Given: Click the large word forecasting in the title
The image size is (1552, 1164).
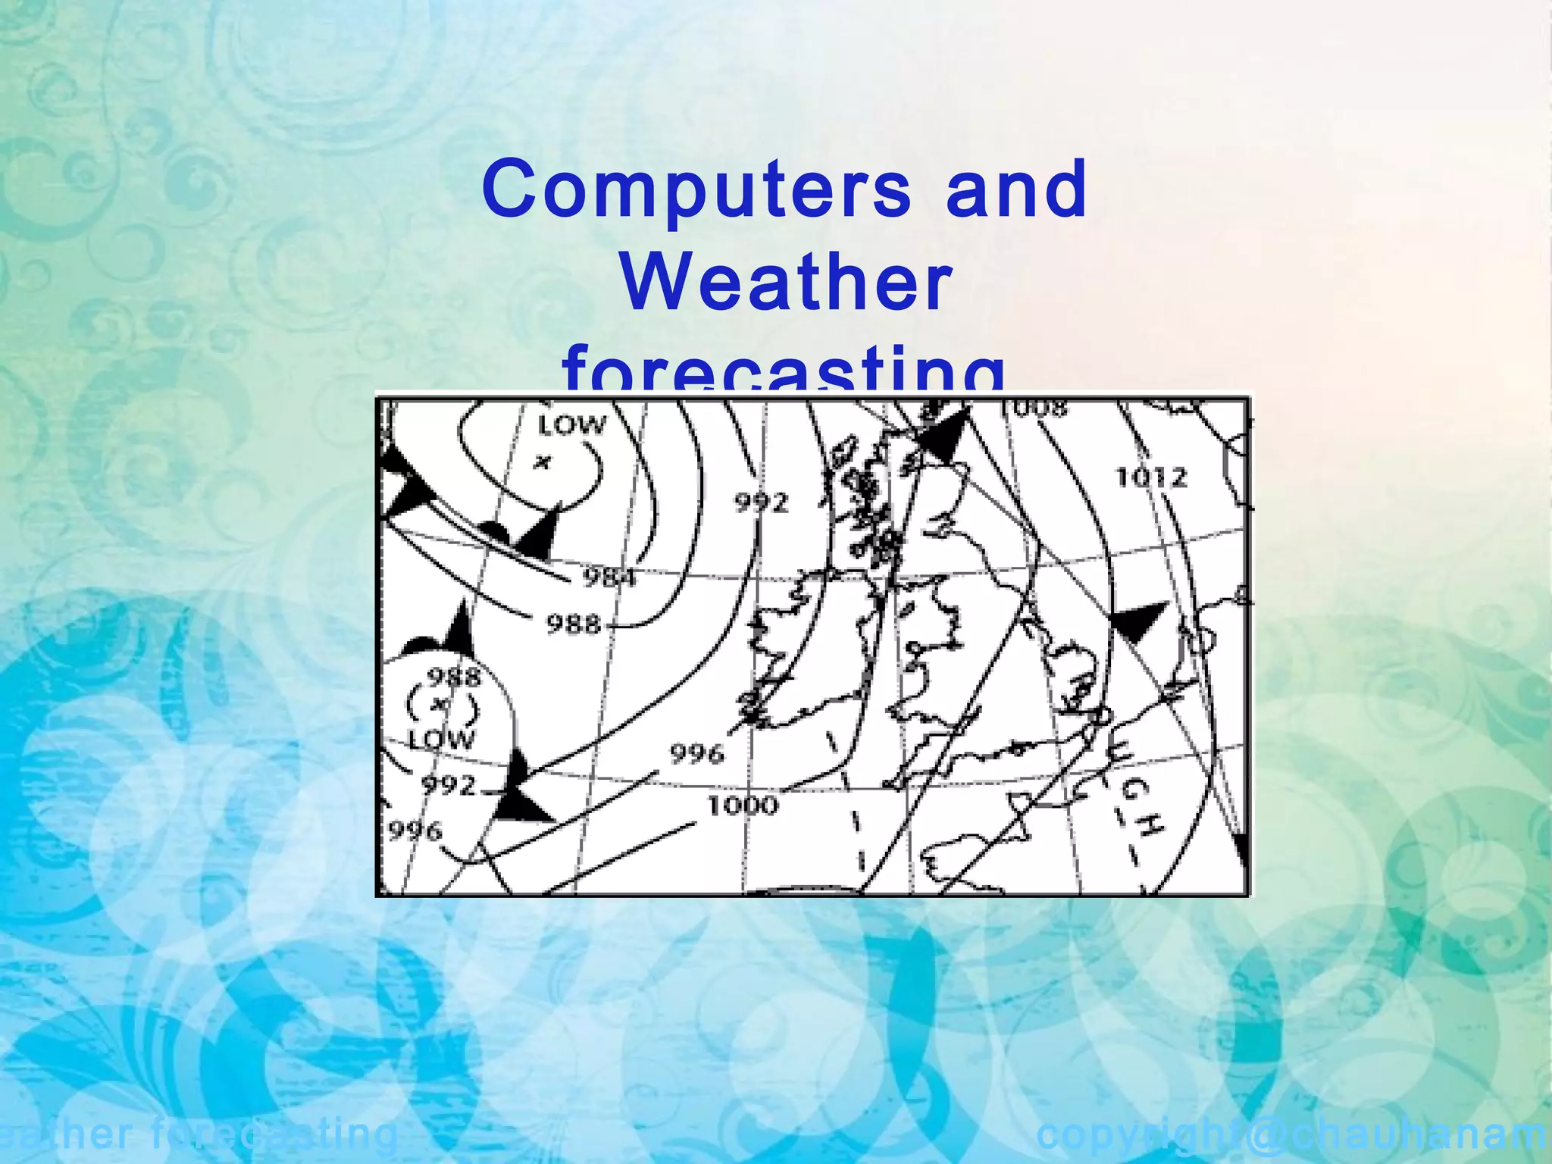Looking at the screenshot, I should tap(784, 371).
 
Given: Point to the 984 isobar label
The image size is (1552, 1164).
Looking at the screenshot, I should tap(609, 579).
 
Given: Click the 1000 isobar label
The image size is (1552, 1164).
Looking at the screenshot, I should tap(743, 805).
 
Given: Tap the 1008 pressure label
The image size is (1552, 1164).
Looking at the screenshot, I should tap(1032, 409).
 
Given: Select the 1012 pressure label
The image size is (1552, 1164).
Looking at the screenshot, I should tap(1151, 478).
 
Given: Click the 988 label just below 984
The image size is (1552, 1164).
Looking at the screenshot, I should tap(574, 625).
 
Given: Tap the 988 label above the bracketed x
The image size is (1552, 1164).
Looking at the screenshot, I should tap(454, 677).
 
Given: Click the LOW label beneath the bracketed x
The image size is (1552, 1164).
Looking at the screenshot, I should tap(441, 739).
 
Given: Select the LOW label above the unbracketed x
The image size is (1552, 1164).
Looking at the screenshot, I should tap(571, 425).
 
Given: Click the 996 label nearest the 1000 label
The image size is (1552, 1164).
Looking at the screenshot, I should tap(696, 753).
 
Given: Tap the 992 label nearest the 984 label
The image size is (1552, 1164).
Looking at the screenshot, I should tap(762, 502).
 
